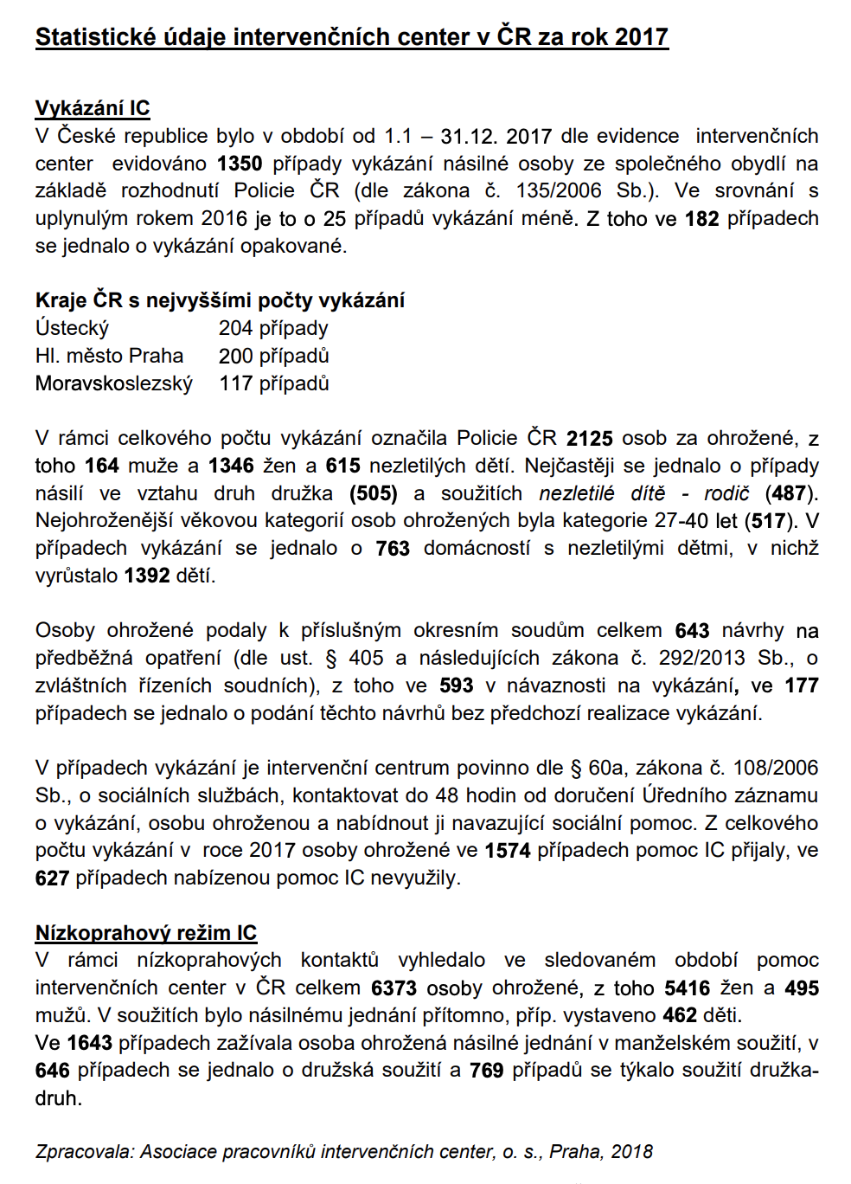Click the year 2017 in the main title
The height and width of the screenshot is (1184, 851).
[x=641, y=37]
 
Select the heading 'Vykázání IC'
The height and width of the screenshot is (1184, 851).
[x=93, y=108]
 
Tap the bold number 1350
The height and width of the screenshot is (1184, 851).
[x=240, y=164]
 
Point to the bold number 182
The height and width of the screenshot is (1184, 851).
[x=702, y=218]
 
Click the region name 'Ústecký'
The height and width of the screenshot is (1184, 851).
[x=72, y=328]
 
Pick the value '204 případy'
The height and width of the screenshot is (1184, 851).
[x=273, y=328]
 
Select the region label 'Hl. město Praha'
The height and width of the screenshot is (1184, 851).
[x=110, y=356]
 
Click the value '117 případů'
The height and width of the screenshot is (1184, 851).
[x=274, y=383]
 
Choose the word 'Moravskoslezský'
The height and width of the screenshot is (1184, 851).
[x=114, y=383]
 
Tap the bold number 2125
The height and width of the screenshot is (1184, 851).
[x=590, y=438]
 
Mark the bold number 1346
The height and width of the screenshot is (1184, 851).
[x=231, y=466]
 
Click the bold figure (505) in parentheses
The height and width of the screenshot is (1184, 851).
[x=374, y=493]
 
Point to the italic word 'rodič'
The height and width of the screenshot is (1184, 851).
[x=726, y=493]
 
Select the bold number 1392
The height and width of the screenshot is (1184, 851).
[x=147, y=576]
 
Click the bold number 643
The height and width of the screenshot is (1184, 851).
[x=692, y=631]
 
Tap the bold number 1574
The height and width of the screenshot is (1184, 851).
[x=508, y=851]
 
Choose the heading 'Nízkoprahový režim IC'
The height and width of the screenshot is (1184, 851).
[x=146, y=933]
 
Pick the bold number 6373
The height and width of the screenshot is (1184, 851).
[x=394, y=988]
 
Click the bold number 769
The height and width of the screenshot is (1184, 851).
[x=486, y=1071]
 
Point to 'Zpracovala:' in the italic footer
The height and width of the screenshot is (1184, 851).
[x=85, y=1152]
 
